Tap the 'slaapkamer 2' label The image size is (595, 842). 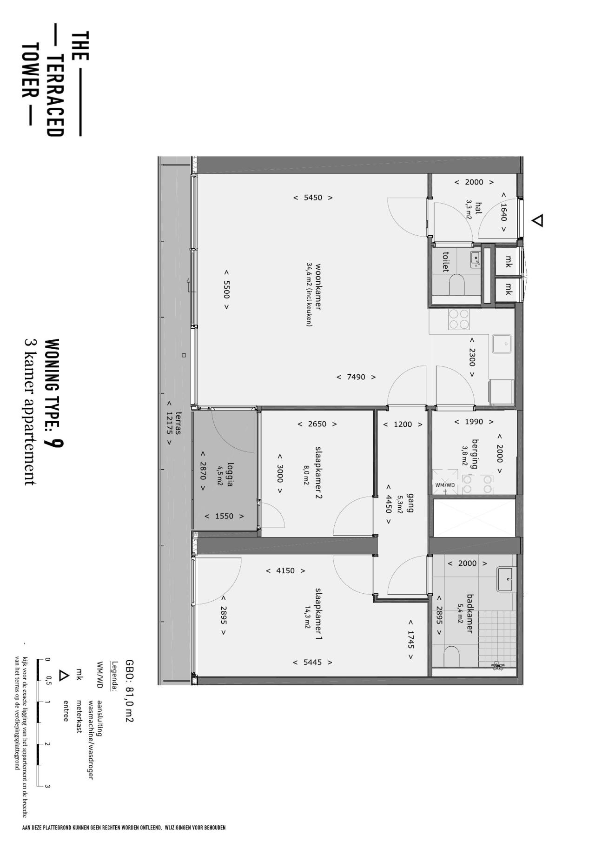coord(319,473)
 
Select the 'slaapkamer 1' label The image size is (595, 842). coord(319,614)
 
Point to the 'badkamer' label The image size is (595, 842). coord(469,613)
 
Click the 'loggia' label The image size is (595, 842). coord(230,476)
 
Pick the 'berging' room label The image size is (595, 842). coord(476,454)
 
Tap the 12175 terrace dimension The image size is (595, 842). coord(169,423)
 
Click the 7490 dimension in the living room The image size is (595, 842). coord(356,377)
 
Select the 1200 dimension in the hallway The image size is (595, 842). coord(403,424)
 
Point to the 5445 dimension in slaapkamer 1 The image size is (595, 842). coord(312,662)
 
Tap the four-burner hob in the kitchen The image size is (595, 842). coord(458,319)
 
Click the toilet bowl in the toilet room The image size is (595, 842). coord(457,285)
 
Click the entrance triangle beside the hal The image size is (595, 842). coord(537,220)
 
